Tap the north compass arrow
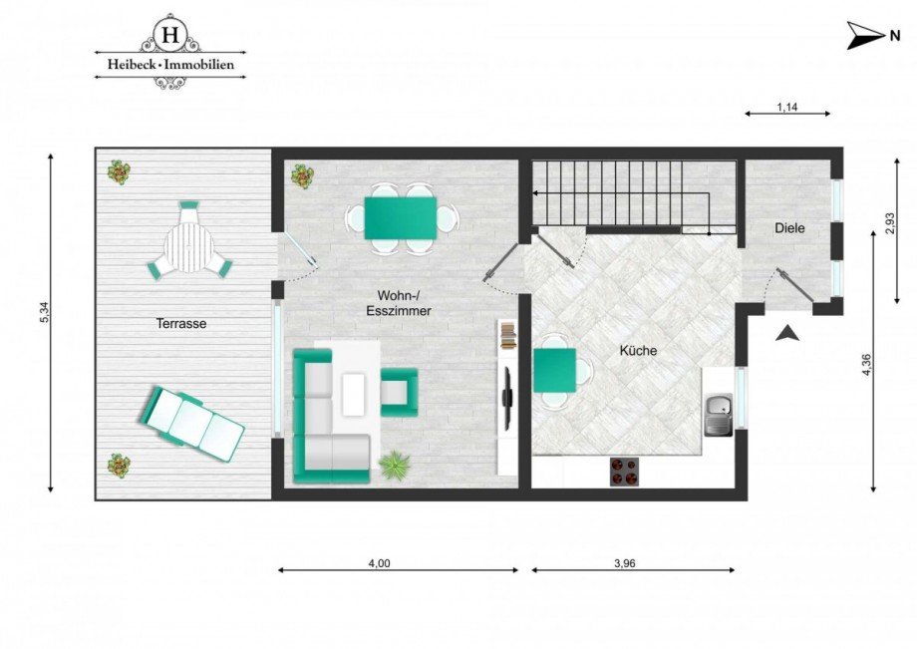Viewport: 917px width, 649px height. click(862, 36)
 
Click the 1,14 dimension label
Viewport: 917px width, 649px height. click(786, 106)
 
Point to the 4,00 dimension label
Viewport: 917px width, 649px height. click(379, 563)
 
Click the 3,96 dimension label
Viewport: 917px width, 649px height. click(624, 563)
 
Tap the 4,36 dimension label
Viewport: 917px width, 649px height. click(867, 367)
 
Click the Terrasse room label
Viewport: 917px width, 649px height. click(180, 323)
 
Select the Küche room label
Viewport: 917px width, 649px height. click(638, 351)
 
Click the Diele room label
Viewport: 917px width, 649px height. click(788, 228)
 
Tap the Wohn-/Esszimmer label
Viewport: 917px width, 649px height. click(404, 303)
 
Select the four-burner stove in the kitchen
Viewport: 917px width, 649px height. click(624, 472)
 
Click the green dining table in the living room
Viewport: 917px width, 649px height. click(400, 217)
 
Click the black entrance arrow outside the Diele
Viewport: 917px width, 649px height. click(787, 334)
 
